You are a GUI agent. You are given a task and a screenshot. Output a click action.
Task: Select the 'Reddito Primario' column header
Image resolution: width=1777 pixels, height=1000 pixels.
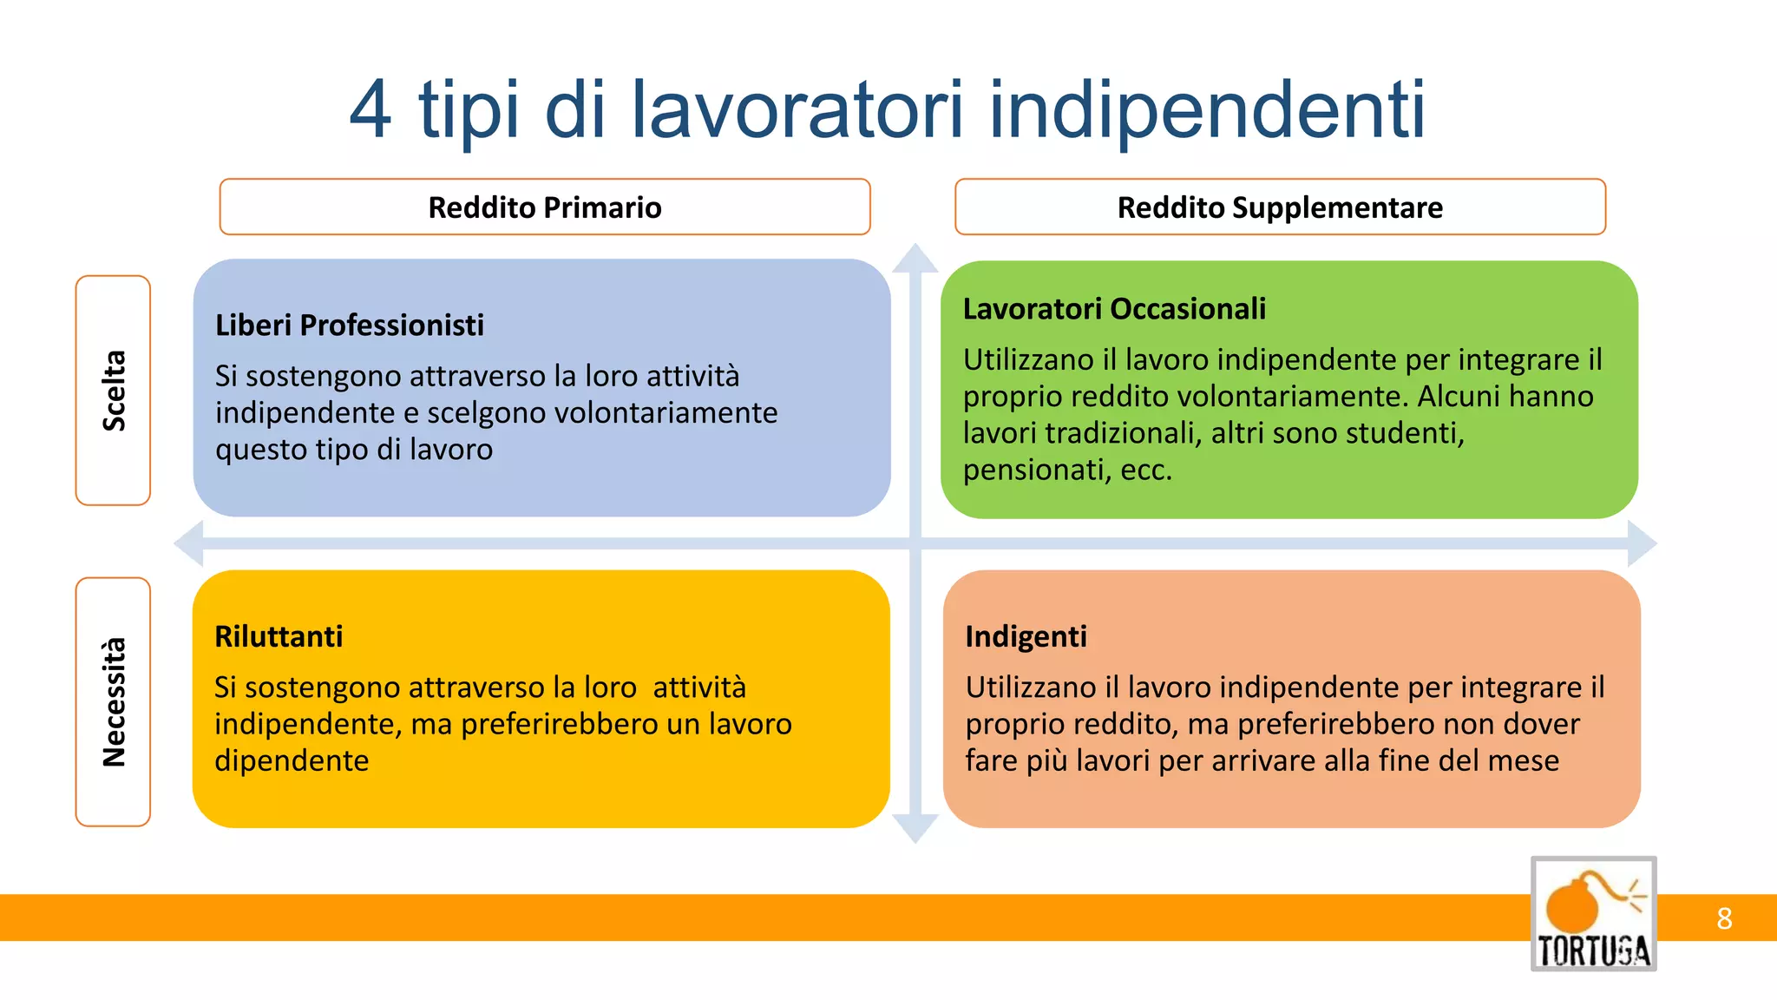point(545,207)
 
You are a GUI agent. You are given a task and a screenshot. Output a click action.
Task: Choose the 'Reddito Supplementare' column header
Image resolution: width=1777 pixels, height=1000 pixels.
point(1280,207)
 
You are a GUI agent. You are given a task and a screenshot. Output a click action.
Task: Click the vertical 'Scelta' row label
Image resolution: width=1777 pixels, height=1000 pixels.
point(114,391)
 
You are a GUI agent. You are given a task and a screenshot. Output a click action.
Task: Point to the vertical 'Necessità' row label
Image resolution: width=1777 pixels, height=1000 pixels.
point(114,702)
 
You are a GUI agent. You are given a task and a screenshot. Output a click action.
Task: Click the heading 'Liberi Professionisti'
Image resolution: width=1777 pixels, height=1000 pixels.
point(349,326)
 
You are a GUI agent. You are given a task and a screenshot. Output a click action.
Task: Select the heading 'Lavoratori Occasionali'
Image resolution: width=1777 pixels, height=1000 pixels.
point(1114,309)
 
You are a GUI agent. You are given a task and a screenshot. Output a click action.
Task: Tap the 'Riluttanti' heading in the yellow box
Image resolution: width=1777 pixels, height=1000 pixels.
point(279,636)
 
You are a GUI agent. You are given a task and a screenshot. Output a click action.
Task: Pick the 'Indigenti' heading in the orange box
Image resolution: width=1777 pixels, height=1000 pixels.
point(1026,636)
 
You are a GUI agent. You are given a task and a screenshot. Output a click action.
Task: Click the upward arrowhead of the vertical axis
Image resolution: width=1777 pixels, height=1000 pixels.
point(915,259)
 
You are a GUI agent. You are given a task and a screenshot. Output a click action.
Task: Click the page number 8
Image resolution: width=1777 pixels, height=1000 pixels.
point(1724,918)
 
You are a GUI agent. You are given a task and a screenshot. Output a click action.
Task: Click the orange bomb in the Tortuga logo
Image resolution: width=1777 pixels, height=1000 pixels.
point(1572,908)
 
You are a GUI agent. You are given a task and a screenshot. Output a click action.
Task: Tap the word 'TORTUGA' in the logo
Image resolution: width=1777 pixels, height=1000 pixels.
point(1593,951)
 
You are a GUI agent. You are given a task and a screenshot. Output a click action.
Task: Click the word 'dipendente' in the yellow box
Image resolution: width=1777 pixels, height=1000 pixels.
point(292,760)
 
